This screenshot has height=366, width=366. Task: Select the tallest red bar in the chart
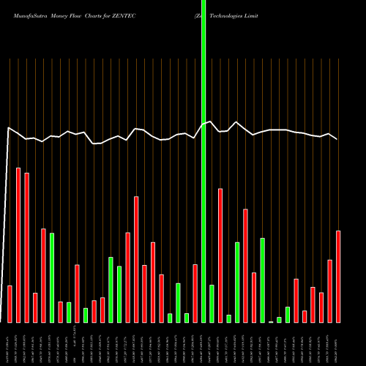tap(18, 245)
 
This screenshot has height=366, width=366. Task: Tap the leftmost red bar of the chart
tap(10, 304)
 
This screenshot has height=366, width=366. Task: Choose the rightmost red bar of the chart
tap(338, 277)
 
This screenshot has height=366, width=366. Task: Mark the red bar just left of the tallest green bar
tap(195, 293)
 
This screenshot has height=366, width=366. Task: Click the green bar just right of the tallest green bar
tap(212, 304)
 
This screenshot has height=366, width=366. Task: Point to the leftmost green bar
tap(52, 278)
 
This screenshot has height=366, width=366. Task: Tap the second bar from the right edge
tap(330, 291)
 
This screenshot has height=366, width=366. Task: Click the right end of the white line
tap(337, 139)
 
